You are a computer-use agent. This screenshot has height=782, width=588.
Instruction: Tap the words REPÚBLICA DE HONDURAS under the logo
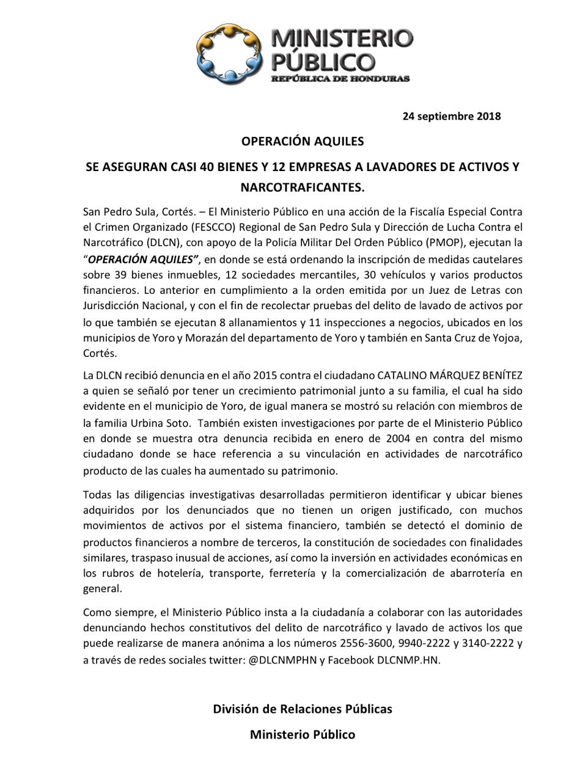340,79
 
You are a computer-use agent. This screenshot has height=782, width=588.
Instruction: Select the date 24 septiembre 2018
451,116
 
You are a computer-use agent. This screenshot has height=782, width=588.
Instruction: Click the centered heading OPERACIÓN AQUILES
302,141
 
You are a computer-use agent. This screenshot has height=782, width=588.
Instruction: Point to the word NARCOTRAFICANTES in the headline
302,186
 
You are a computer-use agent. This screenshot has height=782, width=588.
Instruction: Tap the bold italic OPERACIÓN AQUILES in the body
144,258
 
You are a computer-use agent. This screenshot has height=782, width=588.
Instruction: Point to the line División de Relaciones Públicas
302,709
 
